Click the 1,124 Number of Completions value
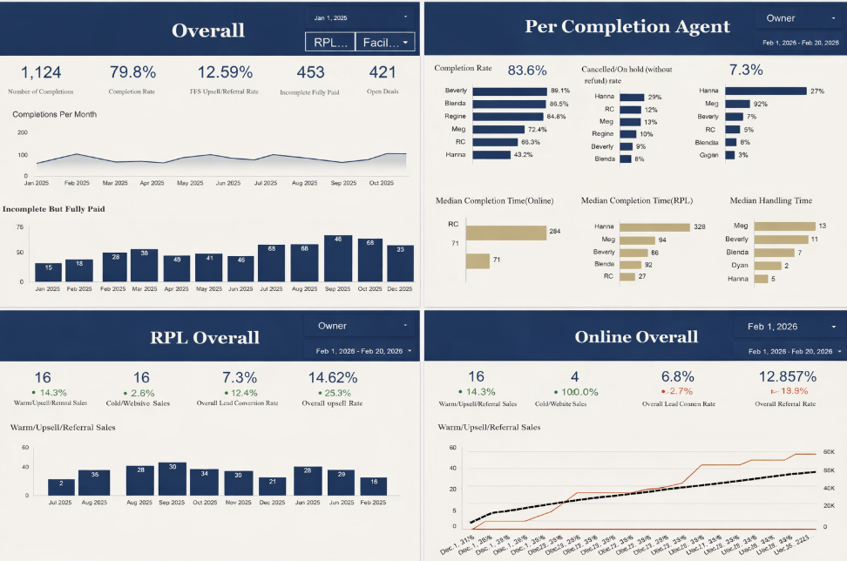tap(40, 72)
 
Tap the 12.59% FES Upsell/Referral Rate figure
tap(225, 72)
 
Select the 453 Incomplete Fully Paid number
tap(310, 72)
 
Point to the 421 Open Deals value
tap(382, 72)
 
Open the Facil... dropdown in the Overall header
tap(384, 42)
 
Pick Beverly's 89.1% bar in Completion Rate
tap(508, 91)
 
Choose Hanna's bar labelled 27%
tap(753, 91)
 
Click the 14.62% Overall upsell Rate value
tap(333, 377)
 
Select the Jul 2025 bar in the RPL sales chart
tap(61, 486)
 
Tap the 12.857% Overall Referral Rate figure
tap(787, 377)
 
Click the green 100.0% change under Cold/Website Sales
tap(576, 392)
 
